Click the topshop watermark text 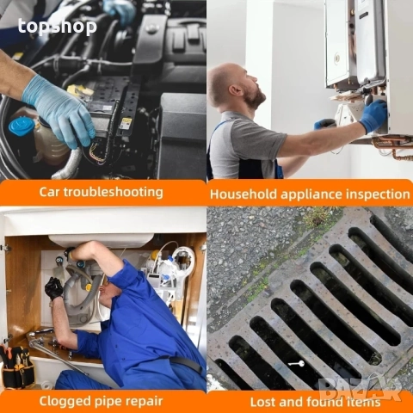pos(58,27)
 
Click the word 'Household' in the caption pos(243,194)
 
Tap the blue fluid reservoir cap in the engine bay pos(22,126)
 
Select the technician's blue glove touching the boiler pos(374,115)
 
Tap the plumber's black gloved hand pos(53,288)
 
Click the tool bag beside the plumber pos(16,367)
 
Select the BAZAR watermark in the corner pos(361,389)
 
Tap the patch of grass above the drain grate pos(318,217)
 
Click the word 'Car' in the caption pos(49,192)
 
